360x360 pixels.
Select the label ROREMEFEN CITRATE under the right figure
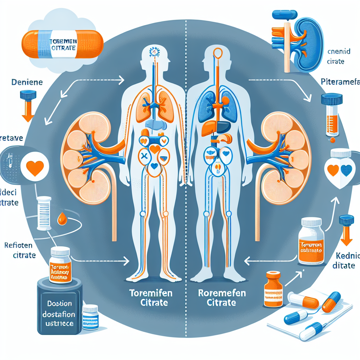click(217, 297)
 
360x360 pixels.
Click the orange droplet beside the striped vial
click(63, 219)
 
